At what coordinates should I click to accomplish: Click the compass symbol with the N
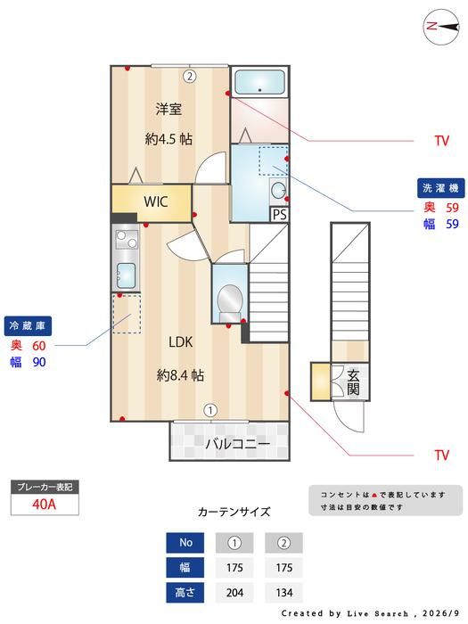(441, 27)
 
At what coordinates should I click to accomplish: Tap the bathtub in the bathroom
(260, 82)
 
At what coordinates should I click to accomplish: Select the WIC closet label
(156, 201)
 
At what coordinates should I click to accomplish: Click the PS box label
(280, 215)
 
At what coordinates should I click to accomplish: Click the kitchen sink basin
(126, 275)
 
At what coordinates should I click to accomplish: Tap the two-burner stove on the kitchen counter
(127, 239)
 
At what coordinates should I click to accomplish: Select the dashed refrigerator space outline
(127, 314)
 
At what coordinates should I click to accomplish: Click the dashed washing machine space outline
(273, 160)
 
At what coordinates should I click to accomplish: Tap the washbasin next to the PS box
(278, 190)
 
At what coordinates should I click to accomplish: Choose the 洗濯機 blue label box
(440, 188)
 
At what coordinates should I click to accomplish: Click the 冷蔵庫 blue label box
(28, 326)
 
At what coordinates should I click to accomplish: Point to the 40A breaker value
(45, 505)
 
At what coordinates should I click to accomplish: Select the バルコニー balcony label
(238, 443)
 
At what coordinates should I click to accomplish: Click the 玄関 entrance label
(353, 382)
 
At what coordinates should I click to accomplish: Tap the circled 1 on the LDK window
(210, 410)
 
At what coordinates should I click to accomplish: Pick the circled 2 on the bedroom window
(190, 76)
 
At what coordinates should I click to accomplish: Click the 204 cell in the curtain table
(234, 592)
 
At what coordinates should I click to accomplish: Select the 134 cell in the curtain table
(283, 592)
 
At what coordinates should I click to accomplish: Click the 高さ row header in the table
(185, 592)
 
